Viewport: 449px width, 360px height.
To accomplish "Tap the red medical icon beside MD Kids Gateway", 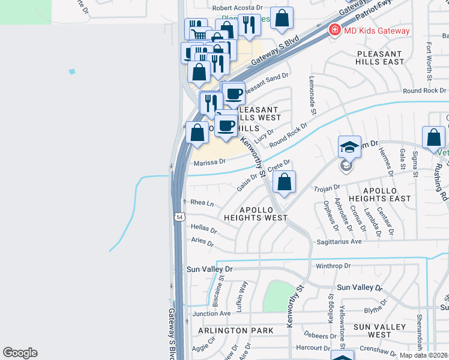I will coord(334,30).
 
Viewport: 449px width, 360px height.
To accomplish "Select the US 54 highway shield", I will coord(179,218).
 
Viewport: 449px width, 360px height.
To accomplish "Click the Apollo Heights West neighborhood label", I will coord(256,214).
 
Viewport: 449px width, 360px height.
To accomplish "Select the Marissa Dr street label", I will coord(209,161).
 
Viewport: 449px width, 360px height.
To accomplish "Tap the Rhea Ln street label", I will coord(202,203).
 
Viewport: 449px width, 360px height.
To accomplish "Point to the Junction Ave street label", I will coord(211,313).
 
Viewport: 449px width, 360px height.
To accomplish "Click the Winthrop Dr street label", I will coord(328,266).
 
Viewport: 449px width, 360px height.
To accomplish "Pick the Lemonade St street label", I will coord(312,95).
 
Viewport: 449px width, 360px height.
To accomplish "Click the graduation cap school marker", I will coord(349,146).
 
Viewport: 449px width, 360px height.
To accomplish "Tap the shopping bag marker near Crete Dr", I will coord(286,181).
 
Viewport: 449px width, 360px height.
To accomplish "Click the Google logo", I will coord(20,353).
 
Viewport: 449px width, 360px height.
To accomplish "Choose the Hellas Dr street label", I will coord(203,229).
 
